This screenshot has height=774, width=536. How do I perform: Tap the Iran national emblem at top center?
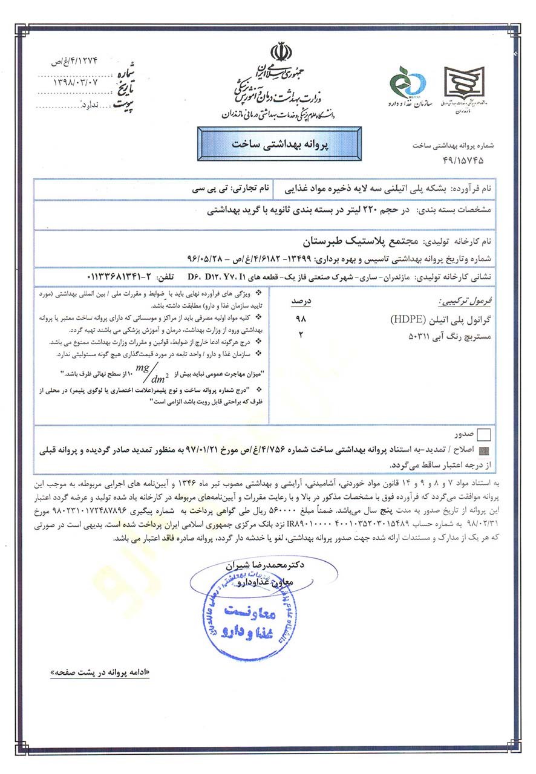pyautogui.click(x=280, y=53)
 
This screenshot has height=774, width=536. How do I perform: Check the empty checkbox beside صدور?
pyautogui.click(x=484, y=434)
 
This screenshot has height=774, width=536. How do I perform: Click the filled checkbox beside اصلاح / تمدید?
pyautogui.click(x=484, y=450)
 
